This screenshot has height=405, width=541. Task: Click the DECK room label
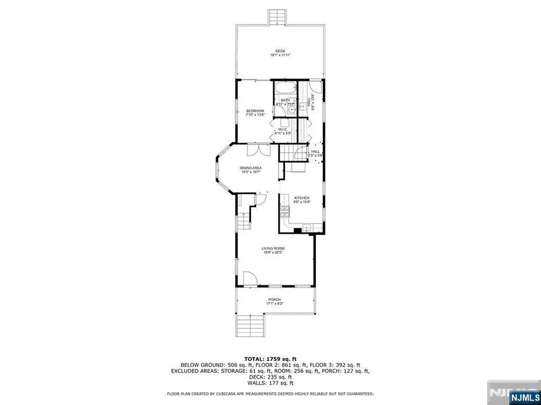[280, 51]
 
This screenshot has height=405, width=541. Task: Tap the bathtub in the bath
[285, 88]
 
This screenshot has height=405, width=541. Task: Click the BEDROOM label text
[255, 111]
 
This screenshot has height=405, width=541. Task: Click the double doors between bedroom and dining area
[259, 149]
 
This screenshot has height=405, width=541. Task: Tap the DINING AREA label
[251, 168]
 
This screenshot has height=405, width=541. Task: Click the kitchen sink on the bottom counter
[305, 228]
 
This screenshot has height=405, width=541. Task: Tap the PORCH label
[274, 300]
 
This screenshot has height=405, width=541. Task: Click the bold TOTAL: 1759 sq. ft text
[270, 358]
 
